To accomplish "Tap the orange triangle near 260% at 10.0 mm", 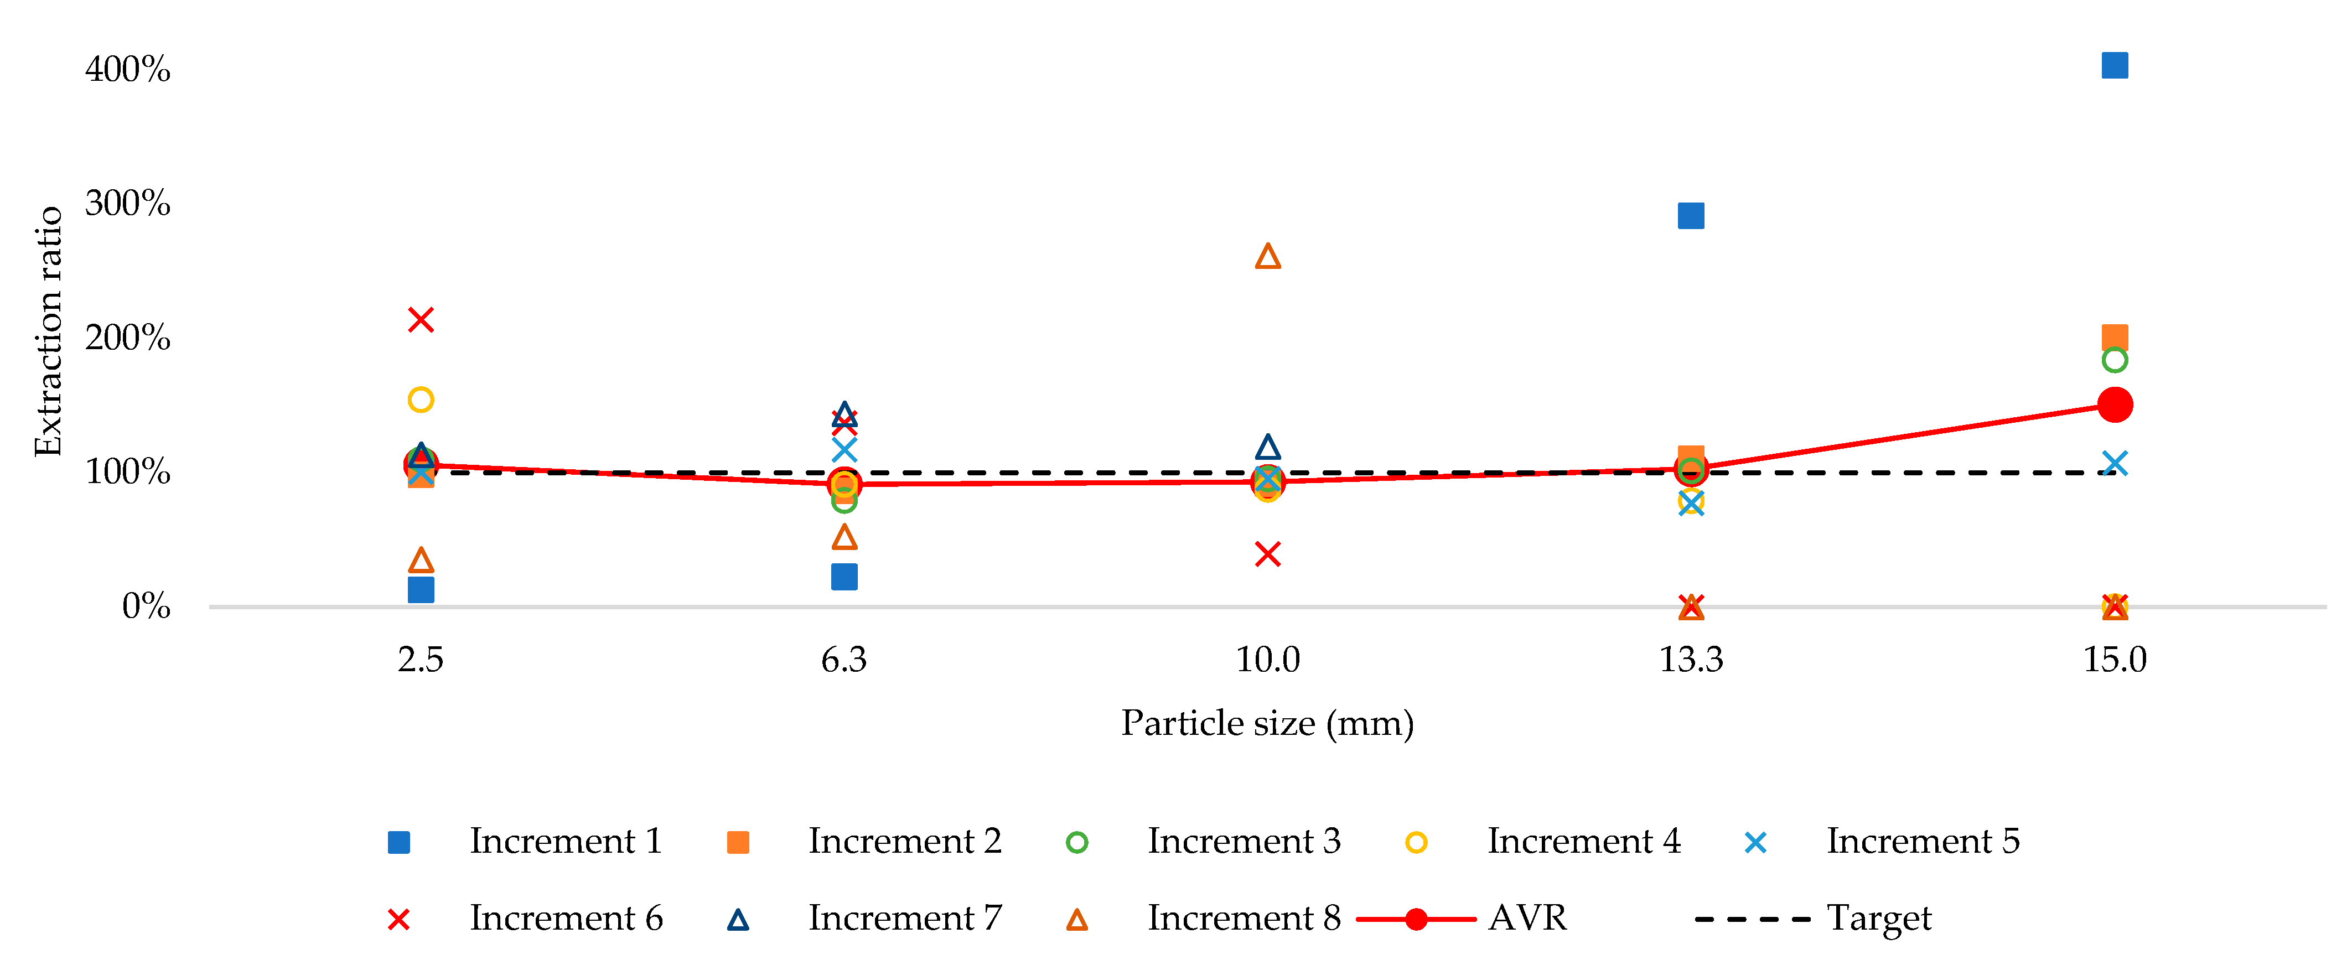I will [x=1267, y=257].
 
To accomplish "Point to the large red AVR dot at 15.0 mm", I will [x=2115, y=404].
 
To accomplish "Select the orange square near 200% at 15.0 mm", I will [x=2115, y=338].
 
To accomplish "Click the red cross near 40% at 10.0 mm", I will [x=1267, y=554].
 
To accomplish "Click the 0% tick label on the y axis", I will [x=146, y=606].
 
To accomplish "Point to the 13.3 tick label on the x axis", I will [x=1691, y=659].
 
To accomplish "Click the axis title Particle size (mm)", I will [x=1267, y=723].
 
